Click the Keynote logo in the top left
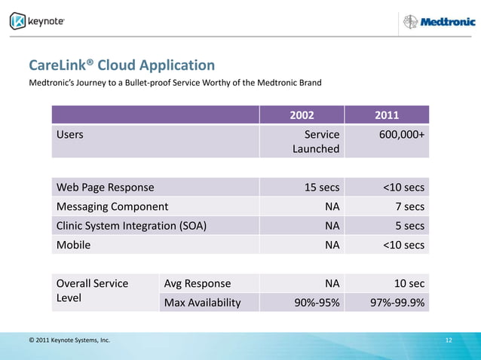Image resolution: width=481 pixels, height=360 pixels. [x=37, y=21]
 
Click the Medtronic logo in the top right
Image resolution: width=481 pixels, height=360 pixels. [x=438, y=22]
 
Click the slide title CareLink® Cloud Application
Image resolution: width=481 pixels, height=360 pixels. [x=121, y=66]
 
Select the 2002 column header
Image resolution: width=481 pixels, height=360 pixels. [x=302, y=115]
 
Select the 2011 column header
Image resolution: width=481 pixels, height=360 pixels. [x=387, y=115]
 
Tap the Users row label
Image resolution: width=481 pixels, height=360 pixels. [x=69, y=134]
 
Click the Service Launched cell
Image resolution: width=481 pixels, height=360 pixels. [x=316, y=142]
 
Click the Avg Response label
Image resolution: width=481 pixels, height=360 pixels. [x=198, y=284]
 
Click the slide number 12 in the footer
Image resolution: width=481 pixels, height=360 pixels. [x=449, y=340]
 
